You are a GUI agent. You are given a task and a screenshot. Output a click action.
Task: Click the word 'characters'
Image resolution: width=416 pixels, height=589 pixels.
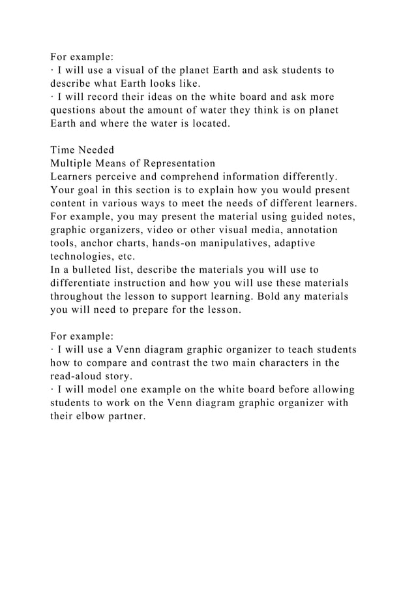290,364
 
